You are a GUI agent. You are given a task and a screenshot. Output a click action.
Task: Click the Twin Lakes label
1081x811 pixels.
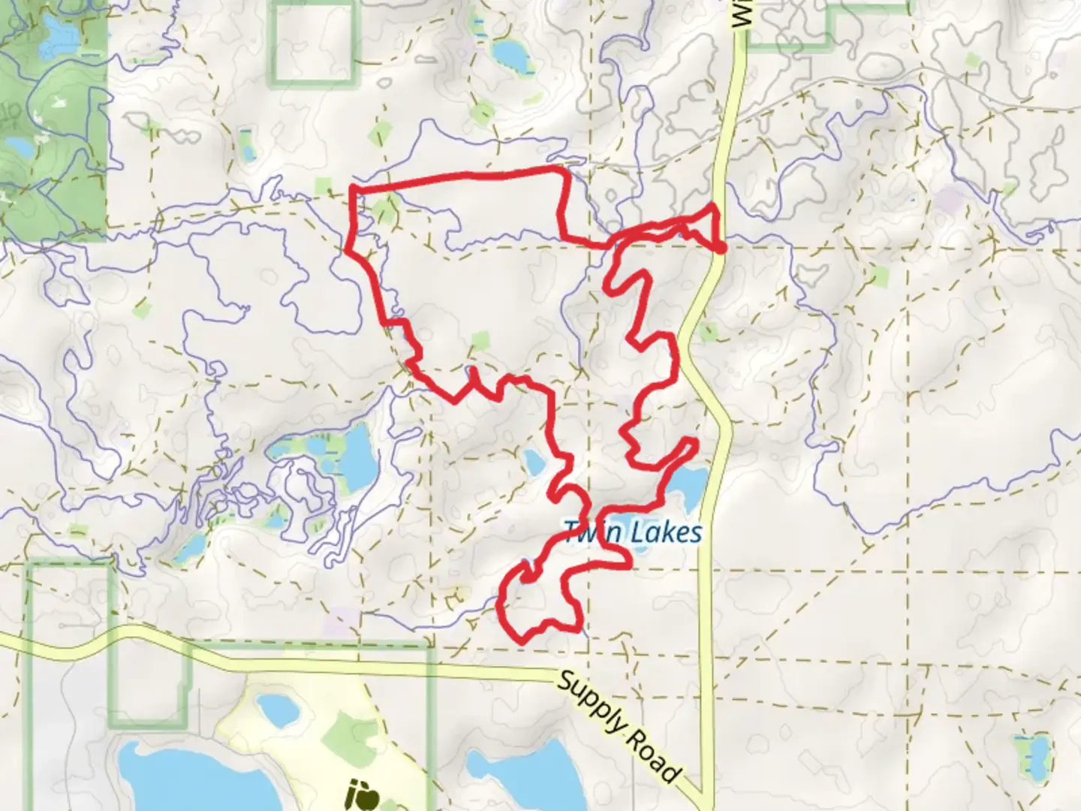[632, 533]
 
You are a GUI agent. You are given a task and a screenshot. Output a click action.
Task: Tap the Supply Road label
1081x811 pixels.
[620, 727]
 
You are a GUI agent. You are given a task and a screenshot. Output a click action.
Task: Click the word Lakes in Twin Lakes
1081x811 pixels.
[666, 533]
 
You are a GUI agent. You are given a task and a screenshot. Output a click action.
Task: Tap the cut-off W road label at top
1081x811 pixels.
[742, 15]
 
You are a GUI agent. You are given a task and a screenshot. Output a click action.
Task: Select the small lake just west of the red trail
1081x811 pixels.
[534, 463]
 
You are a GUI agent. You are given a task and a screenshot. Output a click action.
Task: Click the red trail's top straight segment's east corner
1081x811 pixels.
[563, 172]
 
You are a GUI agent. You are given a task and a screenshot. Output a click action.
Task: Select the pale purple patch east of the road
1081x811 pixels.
[949, 200]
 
